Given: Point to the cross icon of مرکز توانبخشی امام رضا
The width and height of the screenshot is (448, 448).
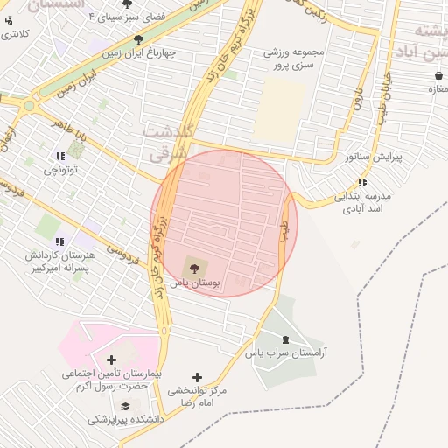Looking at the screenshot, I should (197, 376).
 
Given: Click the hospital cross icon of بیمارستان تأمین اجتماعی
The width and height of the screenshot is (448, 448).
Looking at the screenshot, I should (111, 359).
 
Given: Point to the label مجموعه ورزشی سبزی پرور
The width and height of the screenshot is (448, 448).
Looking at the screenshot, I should (294, 59).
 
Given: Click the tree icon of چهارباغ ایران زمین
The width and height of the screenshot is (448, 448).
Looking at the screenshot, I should (139, 38).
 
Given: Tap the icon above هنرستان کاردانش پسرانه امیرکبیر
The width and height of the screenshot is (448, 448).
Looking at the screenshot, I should (59, 241).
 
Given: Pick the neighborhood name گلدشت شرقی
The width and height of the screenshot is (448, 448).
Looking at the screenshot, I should (169, 142).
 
